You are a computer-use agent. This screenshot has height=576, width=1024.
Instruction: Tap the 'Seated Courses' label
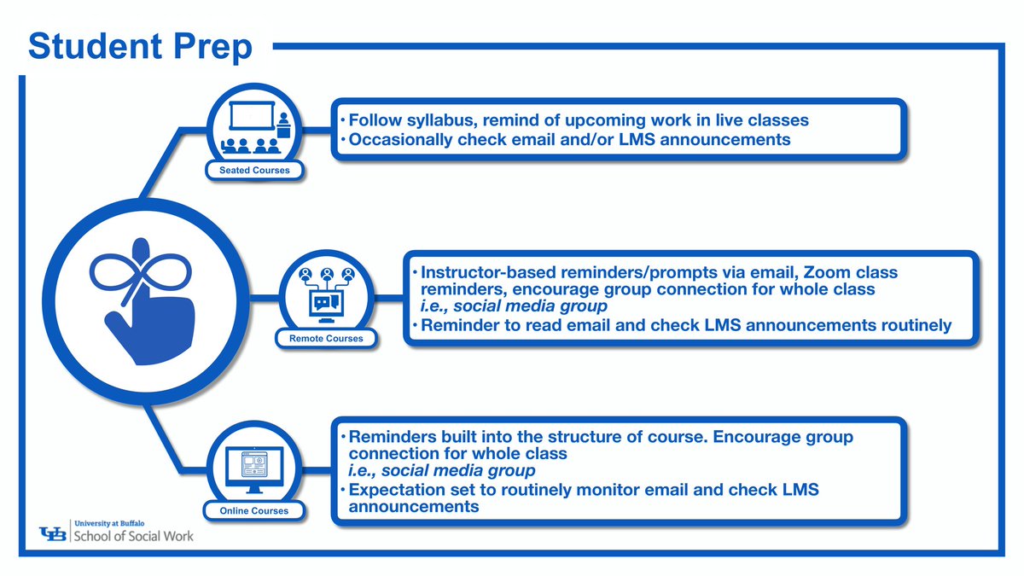pos(253,170)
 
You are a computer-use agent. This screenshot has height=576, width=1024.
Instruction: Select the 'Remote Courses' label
pos(325,339)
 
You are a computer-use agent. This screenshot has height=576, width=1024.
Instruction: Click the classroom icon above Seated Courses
pos(253,126)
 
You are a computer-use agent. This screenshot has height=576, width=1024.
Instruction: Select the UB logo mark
pos(56,534)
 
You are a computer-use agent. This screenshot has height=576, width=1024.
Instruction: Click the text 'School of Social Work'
pos(137,537)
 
